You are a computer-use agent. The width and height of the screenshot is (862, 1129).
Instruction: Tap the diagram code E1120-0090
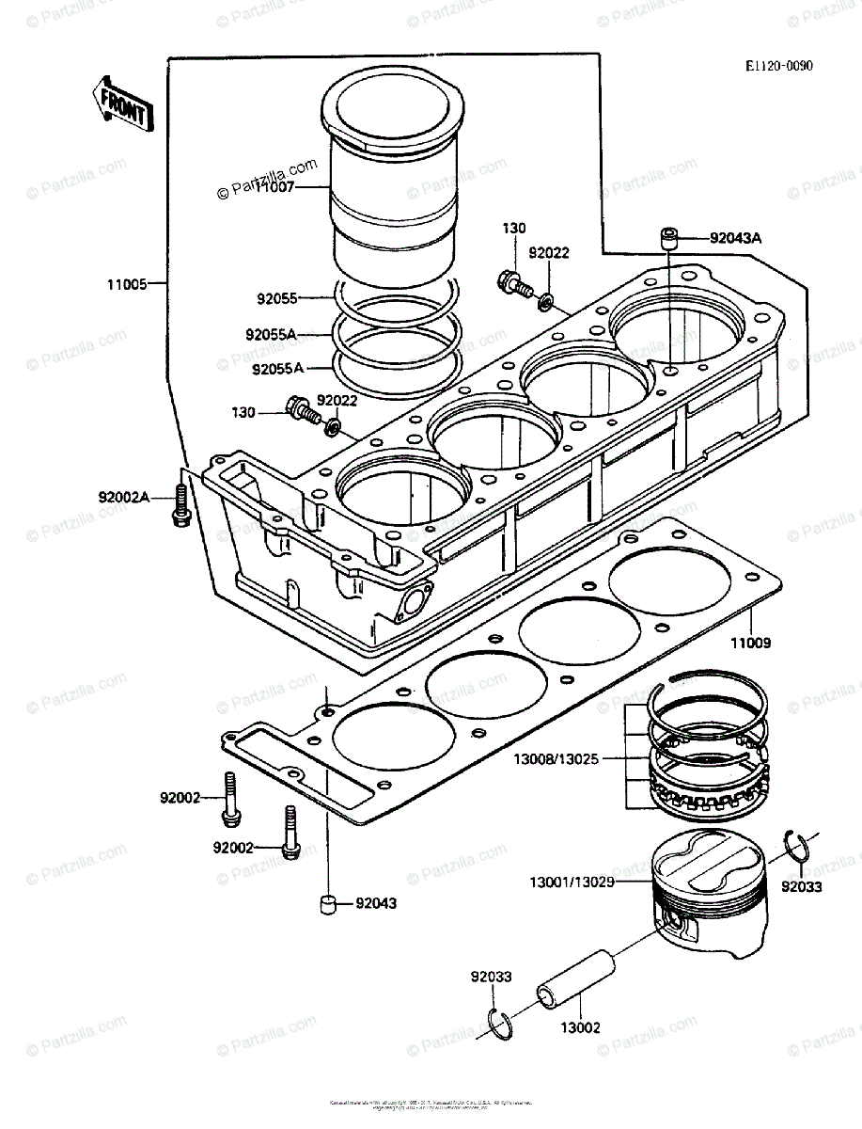778,67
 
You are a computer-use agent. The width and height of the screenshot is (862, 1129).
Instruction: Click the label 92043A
736,239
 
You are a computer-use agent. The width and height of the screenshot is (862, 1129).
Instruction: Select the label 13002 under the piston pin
581,1028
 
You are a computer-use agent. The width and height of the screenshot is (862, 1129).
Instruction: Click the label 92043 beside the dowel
375,903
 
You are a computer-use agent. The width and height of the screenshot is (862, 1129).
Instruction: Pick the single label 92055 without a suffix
277,298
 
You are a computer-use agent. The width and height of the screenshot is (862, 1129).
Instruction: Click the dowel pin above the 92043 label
326,904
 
